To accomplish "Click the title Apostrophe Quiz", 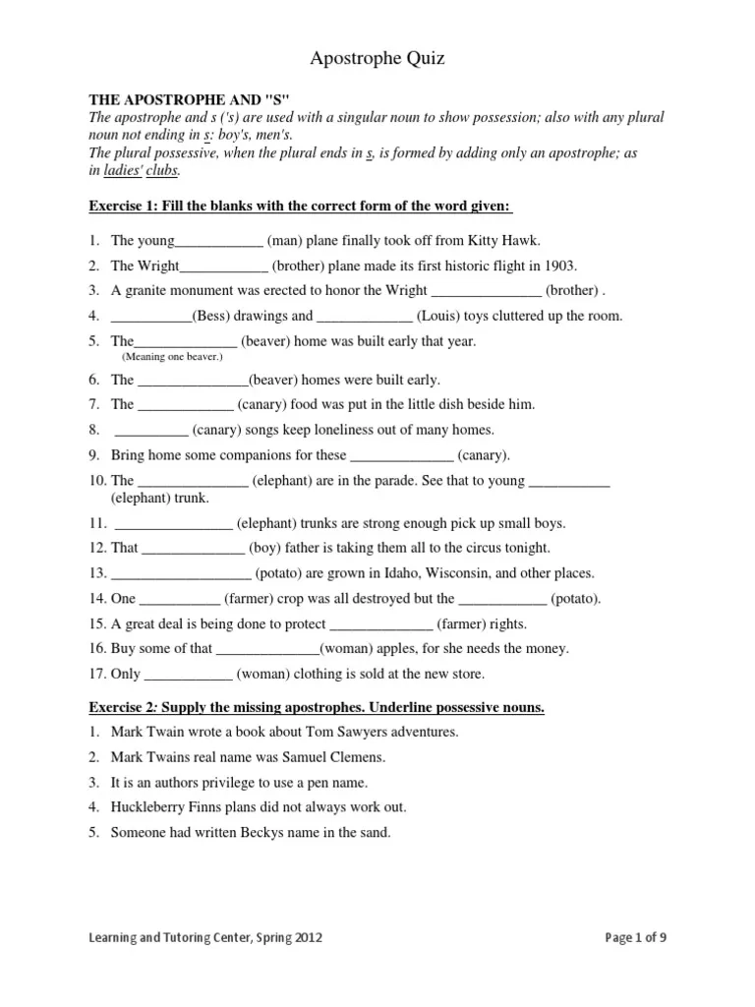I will click(x=377, y=59).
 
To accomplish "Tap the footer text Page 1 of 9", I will click(x=636, y=938).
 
